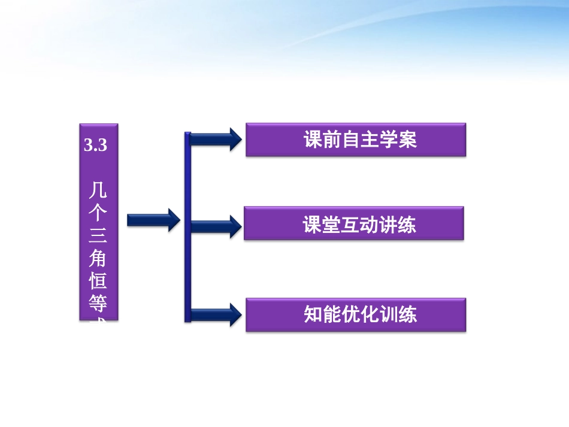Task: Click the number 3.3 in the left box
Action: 96,145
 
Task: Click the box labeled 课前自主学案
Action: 356,140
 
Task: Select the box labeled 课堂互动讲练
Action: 354,223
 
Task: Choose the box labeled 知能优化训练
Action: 356,315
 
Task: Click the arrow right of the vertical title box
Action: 153,220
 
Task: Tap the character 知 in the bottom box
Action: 314,315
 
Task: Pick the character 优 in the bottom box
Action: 358,315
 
